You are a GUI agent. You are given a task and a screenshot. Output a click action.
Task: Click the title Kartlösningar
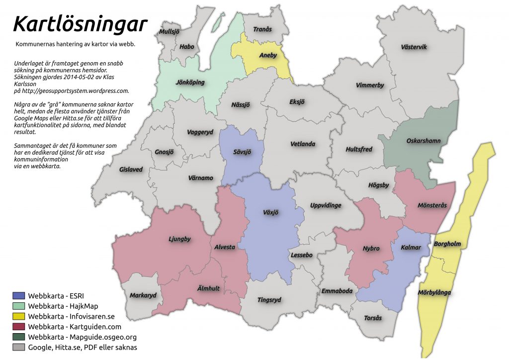pyautogui.click(x=80, y=24)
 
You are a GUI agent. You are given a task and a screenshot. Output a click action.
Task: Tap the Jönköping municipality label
pyautogui.click(x=190, y=82)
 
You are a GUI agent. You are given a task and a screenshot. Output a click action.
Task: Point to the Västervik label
pyautogui.click(x=414, y=47)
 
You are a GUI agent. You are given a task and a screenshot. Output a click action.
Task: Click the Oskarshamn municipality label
pyautogui.click(x=424, y=141)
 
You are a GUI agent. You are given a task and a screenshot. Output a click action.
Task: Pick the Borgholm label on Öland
pyautogui.click(x=447, y=244)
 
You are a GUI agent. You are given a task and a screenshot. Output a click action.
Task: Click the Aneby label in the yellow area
pyautogui.click(x=268, y=56)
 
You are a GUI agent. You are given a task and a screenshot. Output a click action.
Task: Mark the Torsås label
pyautogui.click(x=373, y=318)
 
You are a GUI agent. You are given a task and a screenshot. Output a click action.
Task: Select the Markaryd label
pyautogui.click(x=143, y=295)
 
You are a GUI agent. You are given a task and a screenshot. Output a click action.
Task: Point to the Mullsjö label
pyautogui.click(x=169, y=31)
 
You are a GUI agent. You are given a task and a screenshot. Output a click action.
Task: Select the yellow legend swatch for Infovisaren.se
pyautogui.click(x=19, y=316)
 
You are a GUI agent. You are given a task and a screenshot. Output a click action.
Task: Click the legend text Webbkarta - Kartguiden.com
pyautogui.click(x=75, y=327)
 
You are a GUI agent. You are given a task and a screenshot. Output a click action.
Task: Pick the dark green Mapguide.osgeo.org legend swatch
pyautogui.click(x=19, y=337)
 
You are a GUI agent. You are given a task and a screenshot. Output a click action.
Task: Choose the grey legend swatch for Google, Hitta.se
pyautogui.click(x=19, y=348)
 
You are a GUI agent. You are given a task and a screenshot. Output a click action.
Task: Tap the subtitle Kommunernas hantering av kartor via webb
pyautogui.click(x=76, y=44)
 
